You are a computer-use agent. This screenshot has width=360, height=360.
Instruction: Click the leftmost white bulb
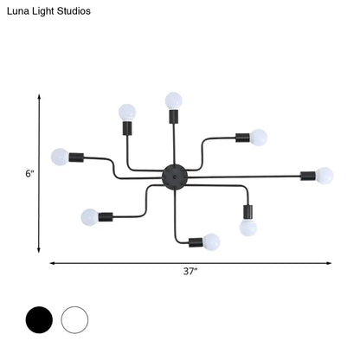58,157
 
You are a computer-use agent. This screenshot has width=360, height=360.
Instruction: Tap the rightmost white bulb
325,175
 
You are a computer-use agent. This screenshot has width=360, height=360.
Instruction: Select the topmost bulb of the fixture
174,100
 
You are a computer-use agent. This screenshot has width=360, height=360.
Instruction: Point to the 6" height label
29,173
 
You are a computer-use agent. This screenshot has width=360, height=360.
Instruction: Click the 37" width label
190,272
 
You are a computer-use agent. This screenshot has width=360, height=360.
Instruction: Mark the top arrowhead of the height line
39,99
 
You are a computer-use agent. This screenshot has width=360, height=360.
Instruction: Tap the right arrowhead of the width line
331,262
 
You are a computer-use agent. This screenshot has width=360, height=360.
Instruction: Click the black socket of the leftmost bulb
75,158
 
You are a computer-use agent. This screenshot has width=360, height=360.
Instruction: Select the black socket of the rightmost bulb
308,176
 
